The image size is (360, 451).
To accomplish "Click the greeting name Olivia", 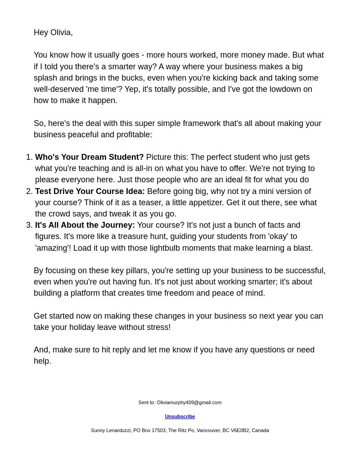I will [x=60, y=32].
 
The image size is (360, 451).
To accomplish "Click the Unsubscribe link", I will [x=180, y=416].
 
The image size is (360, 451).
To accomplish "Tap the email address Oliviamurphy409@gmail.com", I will [x=189, y=402].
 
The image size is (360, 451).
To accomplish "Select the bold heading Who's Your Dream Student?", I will [x=89, y=157].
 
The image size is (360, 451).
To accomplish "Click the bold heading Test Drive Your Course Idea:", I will [x=90, y=191].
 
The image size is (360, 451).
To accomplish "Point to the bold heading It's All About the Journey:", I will [x=85, y=225].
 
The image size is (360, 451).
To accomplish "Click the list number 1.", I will [x=29, y=157].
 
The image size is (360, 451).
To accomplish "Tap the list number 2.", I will [x=29, y=191].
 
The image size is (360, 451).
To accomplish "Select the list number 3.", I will [x=29, y=225].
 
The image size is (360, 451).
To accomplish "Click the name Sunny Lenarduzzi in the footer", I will [x=111, y=430].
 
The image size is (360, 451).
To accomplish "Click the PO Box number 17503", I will [x=158, y=430].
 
